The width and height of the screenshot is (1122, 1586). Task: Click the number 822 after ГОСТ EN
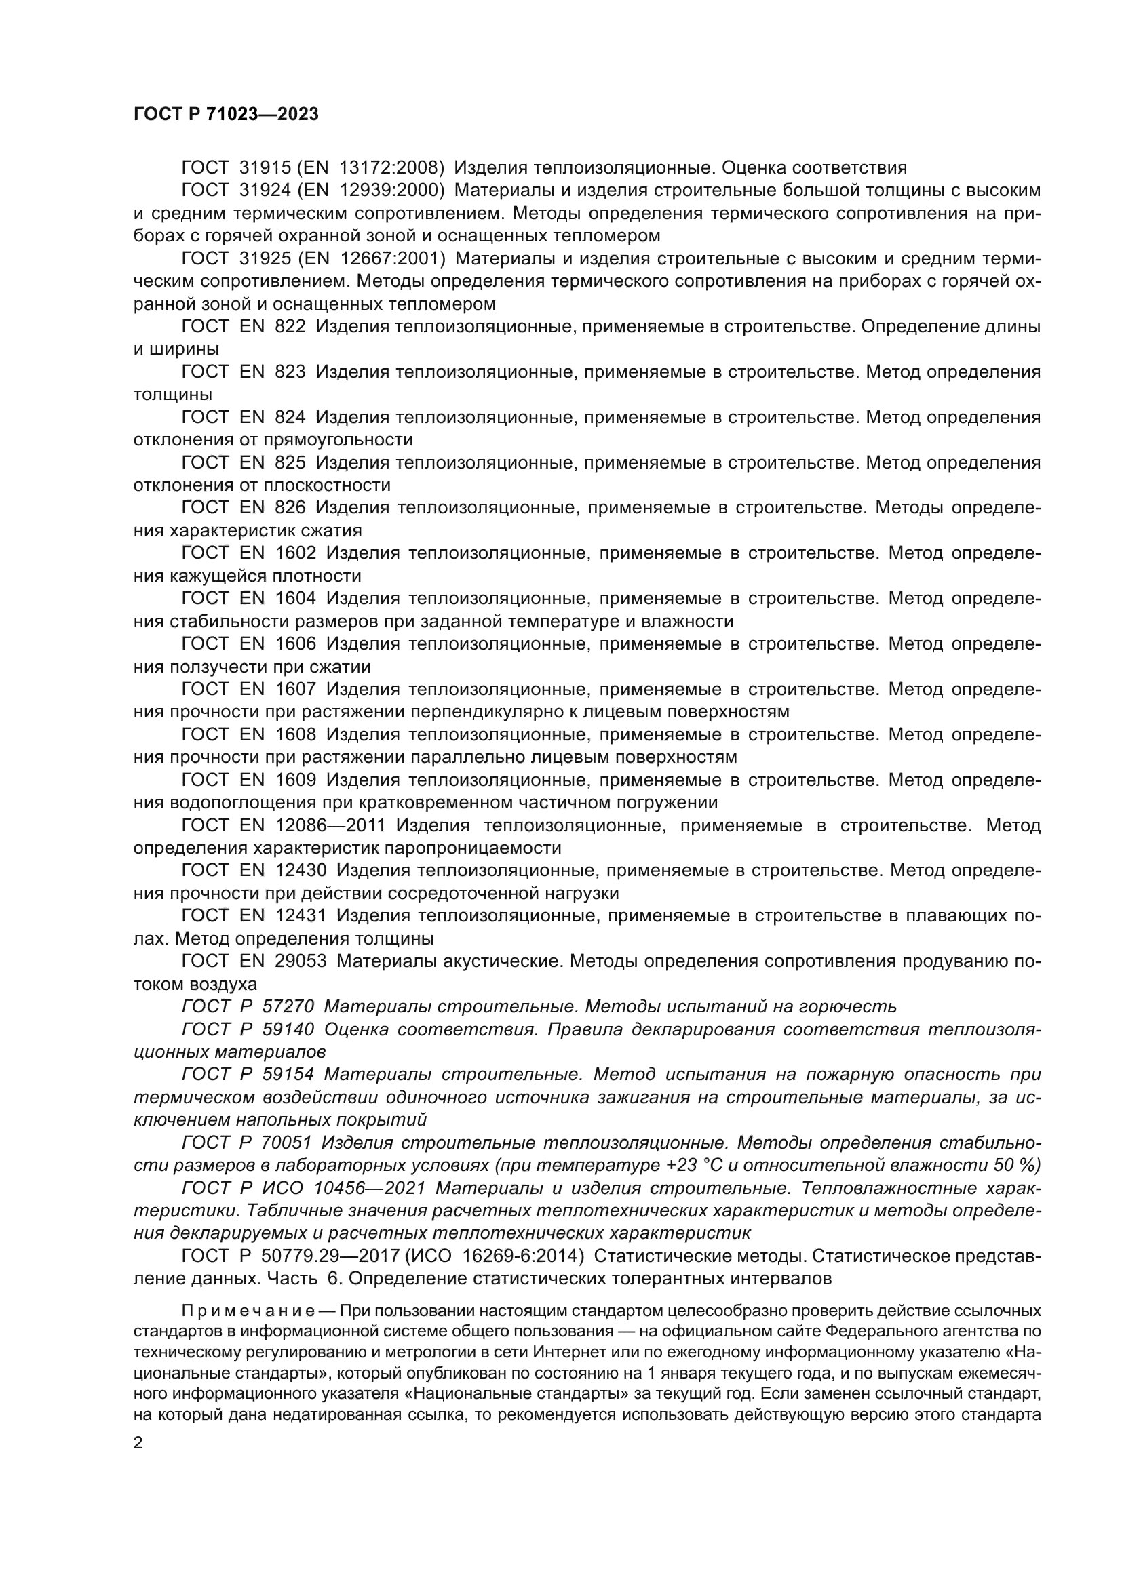pos(290,327)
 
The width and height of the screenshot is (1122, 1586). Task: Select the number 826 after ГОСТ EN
pos(290,508)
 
